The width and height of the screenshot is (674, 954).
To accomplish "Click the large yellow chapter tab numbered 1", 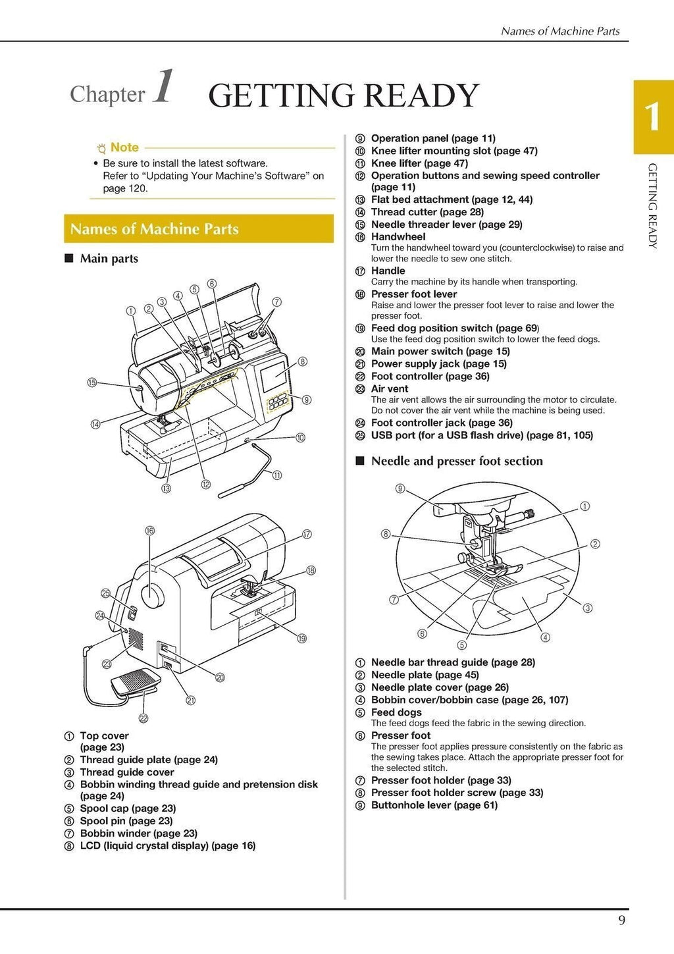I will (x=653, y=117).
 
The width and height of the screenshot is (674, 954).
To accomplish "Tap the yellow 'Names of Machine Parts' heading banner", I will (x=198, y=229).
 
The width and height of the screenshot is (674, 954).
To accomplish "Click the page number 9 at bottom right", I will (x=621, y=920).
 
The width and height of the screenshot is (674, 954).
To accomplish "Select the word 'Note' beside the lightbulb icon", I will (x=124, y=147).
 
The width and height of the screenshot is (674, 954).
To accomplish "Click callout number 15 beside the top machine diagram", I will (x=92, y=383).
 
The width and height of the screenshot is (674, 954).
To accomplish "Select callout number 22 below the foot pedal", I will (x=143, y=718).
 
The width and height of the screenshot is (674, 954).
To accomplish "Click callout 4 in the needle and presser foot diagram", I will (x=545, y=637).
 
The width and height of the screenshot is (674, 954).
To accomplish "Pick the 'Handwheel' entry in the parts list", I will (x=398, y=237).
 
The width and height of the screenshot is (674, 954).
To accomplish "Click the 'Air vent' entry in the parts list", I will (x=390, y=389).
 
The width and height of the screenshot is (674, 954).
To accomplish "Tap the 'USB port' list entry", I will (x=482, y=435).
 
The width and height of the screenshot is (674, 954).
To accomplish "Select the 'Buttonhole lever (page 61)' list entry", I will (x=434, y=805).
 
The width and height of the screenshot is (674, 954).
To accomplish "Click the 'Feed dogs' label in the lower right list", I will (x=396, y=712).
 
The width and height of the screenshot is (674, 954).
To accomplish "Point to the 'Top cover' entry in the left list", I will (x=104, y=736).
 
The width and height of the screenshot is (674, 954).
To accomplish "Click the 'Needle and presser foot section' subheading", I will (x=457, y=462).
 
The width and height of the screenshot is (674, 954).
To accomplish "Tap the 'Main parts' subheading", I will (x=109, y=259).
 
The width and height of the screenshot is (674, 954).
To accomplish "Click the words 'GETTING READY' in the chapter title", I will (x=344, y=96).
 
